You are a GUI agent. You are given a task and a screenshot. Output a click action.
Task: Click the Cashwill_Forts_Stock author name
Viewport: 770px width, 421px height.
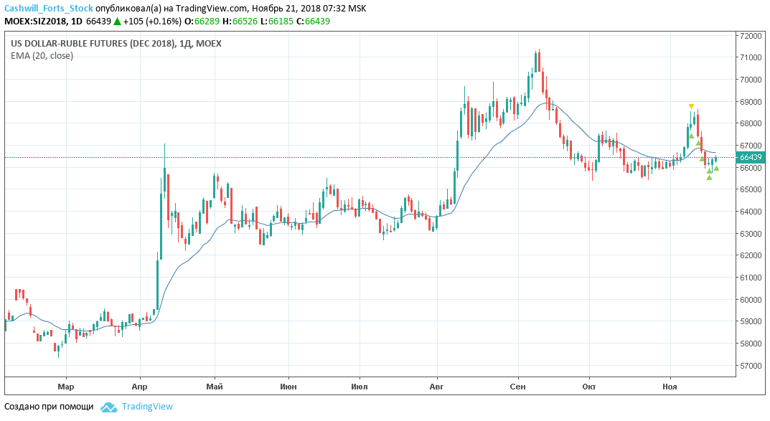[x=48, y=8]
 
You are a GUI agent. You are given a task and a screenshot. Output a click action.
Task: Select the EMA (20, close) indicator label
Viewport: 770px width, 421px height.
[x=42, y=55]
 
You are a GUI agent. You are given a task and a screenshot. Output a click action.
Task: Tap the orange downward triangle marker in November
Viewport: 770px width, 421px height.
[x=691, y=106]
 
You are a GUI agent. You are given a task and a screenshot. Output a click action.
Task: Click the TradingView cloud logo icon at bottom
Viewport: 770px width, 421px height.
[x=108, y=407]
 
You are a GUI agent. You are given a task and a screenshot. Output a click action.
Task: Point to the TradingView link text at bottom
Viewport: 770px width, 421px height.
[x=147, y=407]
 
